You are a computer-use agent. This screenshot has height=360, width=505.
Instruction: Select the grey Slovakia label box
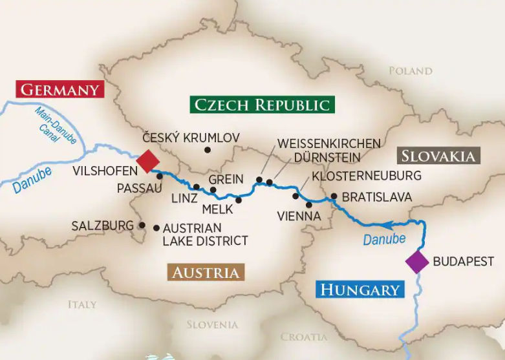click(438, 155)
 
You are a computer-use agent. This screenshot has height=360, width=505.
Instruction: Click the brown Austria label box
click(206, 272)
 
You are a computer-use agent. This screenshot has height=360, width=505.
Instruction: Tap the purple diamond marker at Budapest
click(417, 262)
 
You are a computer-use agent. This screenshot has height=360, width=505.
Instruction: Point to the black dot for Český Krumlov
click(208, 150)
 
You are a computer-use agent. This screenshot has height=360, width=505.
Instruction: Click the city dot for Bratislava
click(334, 196)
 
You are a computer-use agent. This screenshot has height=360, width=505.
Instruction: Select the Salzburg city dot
click(142, 226)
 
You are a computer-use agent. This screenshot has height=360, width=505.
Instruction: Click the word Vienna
click(298, 216)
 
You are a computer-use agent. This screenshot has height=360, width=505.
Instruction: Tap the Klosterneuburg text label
click(366, 176)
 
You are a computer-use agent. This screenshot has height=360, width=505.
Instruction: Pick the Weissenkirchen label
click(328, 143)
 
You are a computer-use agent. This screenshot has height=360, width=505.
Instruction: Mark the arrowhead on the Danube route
click(389, 226)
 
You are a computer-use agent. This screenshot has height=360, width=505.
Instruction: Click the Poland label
click(410, 70)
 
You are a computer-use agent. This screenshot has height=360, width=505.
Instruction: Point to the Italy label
click(82, 304)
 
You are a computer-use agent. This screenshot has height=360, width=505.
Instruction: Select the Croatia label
click(304, 337)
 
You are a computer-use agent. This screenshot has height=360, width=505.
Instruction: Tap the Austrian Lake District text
click(205, 235)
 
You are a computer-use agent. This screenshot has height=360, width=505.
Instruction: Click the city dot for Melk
click(239, 200)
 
